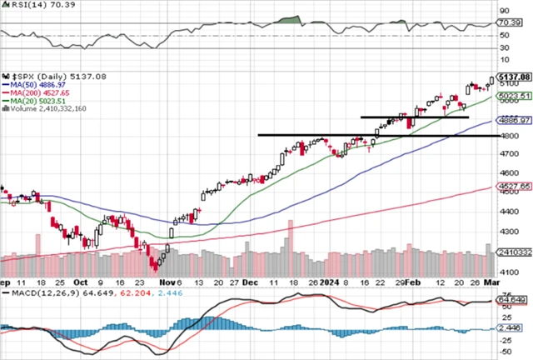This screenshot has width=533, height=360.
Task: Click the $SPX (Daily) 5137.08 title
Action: (47, 76)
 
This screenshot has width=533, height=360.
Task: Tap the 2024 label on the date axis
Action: (331, 283)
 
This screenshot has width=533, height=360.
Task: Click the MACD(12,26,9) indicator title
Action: (34, 294)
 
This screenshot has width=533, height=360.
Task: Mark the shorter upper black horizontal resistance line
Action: (414, 117)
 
